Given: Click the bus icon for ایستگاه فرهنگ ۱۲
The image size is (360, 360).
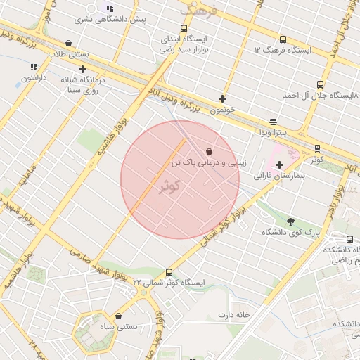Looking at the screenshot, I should (x=283, y=40).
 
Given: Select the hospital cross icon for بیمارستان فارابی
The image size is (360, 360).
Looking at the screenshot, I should (x=279, y=164).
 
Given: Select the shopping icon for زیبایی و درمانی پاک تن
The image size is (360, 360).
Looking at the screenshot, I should (x=210, y=151).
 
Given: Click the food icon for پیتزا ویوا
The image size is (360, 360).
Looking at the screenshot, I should (x=273, y=122).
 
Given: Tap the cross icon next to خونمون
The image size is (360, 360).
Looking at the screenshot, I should (x=223, y=98).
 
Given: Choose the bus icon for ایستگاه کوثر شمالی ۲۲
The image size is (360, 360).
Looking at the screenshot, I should (x=169, y=272).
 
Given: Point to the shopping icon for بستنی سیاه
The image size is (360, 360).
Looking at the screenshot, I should (x=117, y=316).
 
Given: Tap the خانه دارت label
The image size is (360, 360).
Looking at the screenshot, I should (x=234, y=315).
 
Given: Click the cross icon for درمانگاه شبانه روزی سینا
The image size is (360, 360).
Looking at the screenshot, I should (x=84, y=69).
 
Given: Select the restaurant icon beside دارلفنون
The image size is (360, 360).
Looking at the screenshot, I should (x=34, y=67).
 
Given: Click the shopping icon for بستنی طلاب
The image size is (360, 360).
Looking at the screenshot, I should (x=68, y=44).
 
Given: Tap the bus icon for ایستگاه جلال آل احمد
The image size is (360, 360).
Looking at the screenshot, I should (x=321, y=84).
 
